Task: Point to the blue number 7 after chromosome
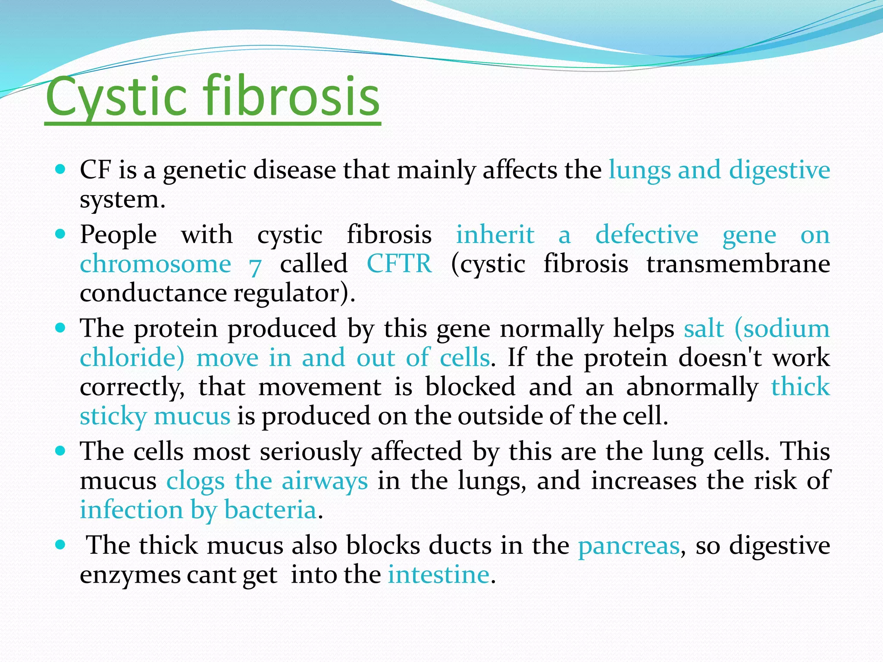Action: pyautogui.click(x=255, y=266)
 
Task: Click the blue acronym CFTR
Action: pyautogui.click(x=399, y=264)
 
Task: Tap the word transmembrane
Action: pyautogui.click(x=738, y=264)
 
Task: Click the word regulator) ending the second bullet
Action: pyautogui.click(x=294, y=294)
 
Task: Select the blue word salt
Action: pyautogui.click(x=704, y=329)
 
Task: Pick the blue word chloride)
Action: pyautogui.click(x=132, y=358)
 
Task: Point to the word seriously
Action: pyautogui.click(x=310, y=452)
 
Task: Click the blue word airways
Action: pyautogui.click(x=325, y=481)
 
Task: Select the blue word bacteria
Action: pyautogui.click(x=270, y=510)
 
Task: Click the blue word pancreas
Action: pyautogui.click(x=629, y=546)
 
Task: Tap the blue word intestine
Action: pyautogui.click(x=438, y=575)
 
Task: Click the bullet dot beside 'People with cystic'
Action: pyautogui.click(x=60, y=234)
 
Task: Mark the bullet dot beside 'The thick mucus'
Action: pyautogui.click(x=60, y=545)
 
